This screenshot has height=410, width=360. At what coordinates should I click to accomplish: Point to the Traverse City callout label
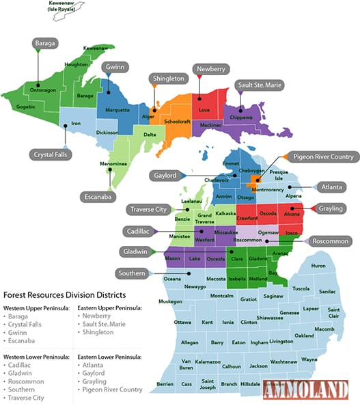[146, 209]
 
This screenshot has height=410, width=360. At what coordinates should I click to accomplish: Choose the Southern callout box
[131, 273]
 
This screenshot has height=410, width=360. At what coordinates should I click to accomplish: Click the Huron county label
[318, 265]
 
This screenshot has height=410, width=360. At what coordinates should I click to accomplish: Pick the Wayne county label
[309, 359]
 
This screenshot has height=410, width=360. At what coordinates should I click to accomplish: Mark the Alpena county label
[294, 196]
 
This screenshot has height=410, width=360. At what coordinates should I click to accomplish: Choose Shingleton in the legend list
[100, 332]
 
